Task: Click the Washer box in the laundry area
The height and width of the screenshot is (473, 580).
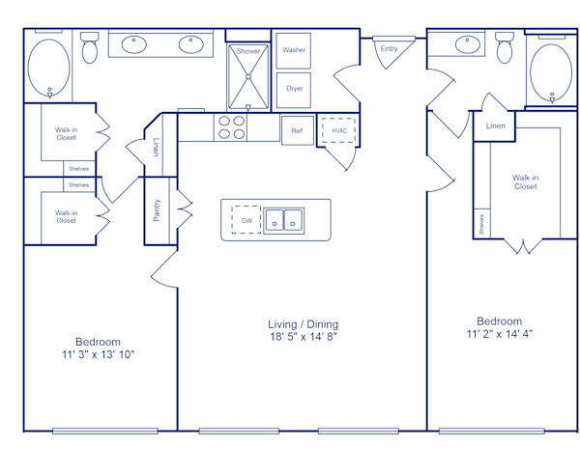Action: (294, 50)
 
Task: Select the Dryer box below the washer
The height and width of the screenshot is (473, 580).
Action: (294, 89)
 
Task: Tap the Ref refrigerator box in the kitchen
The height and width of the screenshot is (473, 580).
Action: (296, 130)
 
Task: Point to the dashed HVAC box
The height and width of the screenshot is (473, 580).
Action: (339, 130)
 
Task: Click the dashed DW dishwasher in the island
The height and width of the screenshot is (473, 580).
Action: (246, 220)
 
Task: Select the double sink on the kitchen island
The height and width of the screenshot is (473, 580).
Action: (284, 220)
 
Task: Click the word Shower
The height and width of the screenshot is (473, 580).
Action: (248, 50)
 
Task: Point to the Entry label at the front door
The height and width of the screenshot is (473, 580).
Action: (389, 48)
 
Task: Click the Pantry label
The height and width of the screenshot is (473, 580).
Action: (158, 210)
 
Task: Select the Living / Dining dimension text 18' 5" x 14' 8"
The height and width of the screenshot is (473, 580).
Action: (303, 337)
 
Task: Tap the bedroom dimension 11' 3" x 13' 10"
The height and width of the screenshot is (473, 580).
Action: (98, 354)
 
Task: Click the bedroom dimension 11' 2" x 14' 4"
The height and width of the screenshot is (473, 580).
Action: (499, 334)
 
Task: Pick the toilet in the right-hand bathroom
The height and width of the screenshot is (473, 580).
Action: (504, 47)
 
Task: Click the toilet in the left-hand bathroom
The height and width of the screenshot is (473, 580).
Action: (90, 48)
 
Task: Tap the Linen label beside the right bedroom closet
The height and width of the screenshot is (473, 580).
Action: (495, 125)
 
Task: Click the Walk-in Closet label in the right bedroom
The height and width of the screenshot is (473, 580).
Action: (525, 181)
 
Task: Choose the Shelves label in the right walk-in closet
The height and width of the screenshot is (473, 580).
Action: (480, 224)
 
